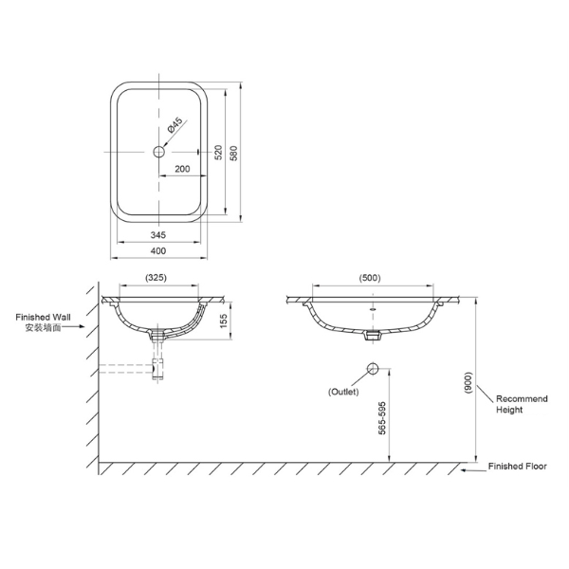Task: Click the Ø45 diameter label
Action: point(174,125)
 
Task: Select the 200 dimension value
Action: point(182,169)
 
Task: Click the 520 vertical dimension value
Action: point(218,153)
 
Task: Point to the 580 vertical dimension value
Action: point(233,153)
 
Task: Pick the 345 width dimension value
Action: point(158,235)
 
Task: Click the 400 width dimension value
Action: point(158,250)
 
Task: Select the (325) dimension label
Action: point(156,278)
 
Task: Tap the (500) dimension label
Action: point(370,278)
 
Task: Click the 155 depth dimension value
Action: point(223,321)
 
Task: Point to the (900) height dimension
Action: point(468,382)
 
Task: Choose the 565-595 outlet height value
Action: point(382,418)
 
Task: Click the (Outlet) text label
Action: point(343,392)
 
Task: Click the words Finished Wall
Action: point(44,317)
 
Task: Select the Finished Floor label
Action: point(517,467)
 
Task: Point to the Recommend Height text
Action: point(522,404)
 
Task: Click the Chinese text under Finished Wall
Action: point(43,328)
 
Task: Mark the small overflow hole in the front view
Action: point(373,309)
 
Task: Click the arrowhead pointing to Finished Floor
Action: point(464,470)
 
